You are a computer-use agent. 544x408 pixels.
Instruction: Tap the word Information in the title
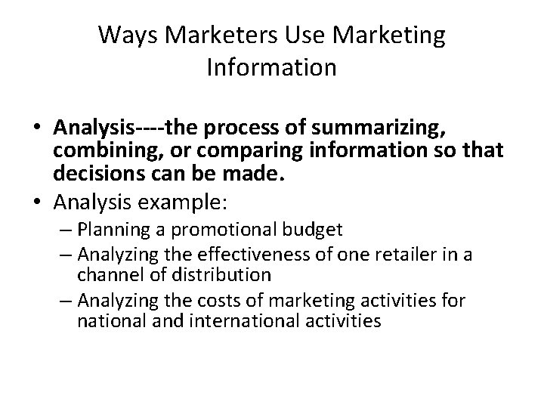click(271, 69)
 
